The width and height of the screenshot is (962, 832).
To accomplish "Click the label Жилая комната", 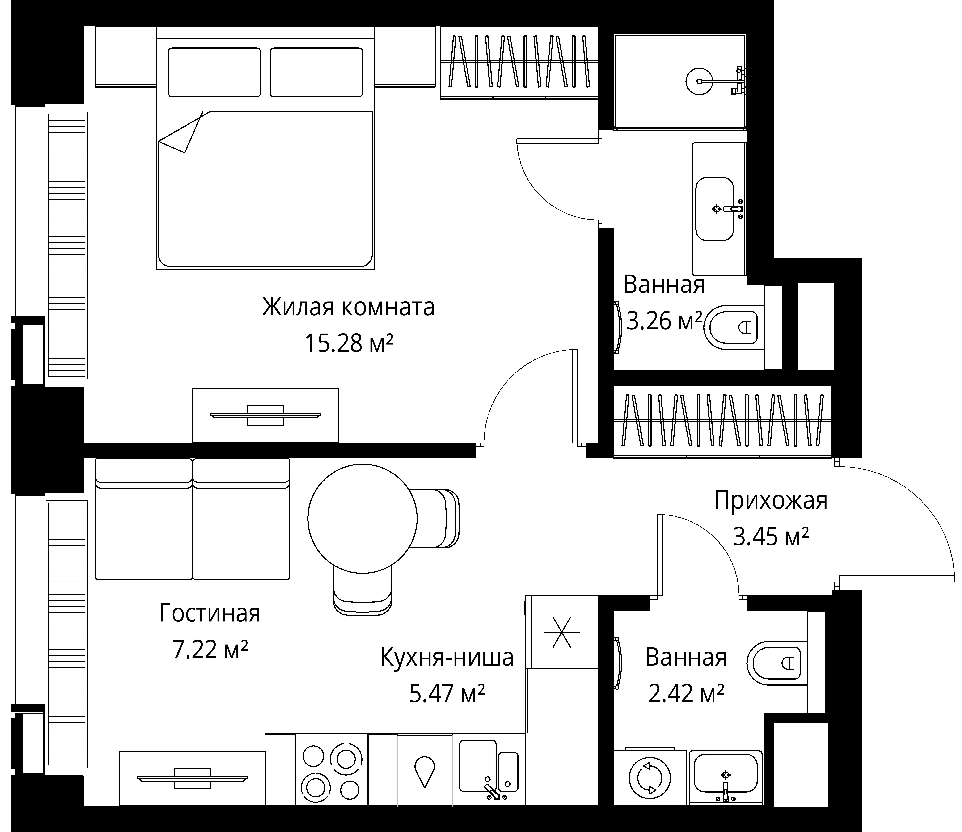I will pos(348,307).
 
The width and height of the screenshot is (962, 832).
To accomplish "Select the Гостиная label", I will pos(210,613).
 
